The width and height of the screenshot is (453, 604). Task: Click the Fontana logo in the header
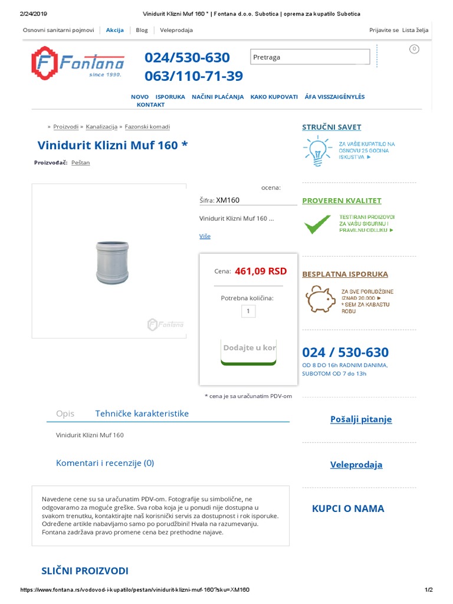click(78, 63)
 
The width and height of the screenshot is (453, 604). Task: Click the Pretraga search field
click(310, 57)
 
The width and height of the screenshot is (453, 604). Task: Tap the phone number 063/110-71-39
click(193, 76)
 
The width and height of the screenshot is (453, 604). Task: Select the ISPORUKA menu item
click(170, 97)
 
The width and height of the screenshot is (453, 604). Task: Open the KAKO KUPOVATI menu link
click(274, 97)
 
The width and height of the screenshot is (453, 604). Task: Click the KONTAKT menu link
click(150, 104)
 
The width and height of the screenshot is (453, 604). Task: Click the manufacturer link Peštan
click(81, 163)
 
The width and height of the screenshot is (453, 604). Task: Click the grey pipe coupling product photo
click(112, 262)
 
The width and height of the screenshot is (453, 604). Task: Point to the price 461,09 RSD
click(260, 271)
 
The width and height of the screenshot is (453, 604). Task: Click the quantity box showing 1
click(248, 311)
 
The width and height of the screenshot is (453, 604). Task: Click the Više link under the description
click(205, 236)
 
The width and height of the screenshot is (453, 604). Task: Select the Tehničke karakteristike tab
click(142, 413)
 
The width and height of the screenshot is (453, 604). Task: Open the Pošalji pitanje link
click(361, 419)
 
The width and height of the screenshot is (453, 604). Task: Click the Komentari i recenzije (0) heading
click(105, 463)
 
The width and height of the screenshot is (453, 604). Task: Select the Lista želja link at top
click(415, 30)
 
